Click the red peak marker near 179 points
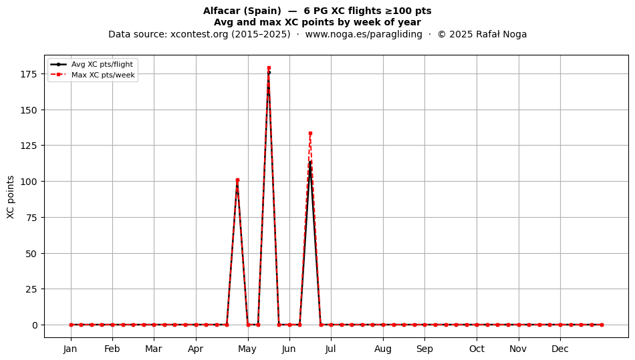[269, 68]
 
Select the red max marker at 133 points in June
[310, 133]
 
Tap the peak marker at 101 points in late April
[237, 180]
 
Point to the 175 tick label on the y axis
[29, 74]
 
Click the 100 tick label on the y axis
[29, 182]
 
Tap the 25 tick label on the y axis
[32, 289]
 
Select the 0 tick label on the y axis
[35, 325]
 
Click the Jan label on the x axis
[70, 349]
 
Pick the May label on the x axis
[247, 349]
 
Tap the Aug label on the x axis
[383, 349]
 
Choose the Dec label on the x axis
[560, 349]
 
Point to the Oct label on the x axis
[477, 349]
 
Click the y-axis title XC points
[11, 197]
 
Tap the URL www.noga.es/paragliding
[364, 34]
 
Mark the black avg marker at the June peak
[310, 162]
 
